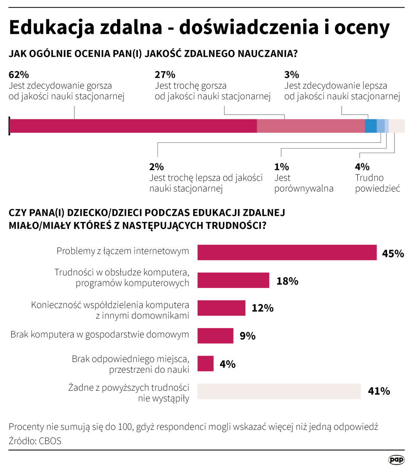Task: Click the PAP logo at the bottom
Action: pos(396,459)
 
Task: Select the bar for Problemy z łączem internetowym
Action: pos(287,252)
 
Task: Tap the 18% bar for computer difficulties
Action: pos(233,280)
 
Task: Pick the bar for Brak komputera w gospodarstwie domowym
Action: pos(215,336)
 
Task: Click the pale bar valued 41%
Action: pos(279,391)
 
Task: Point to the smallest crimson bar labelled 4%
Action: pos(205,364)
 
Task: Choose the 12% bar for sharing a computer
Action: pos(221,308)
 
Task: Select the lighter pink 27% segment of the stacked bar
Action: pos(311,126)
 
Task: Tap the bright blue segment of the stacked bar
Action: pos(370,126)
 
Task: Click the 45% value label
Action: pos(393,254)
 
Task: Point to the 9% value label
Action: pos(247,336)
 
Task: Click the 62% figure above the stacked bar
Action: pos(19,75)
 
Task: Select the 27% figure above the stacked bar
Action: pos(165,75)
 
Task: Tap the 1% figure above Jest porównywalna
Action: pos(281,167)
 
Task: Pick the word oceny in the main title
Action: pos(362,27)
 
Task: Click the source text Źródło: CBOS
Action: pos(35,441)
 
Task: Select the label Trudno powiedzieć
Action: pos(377,183)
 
